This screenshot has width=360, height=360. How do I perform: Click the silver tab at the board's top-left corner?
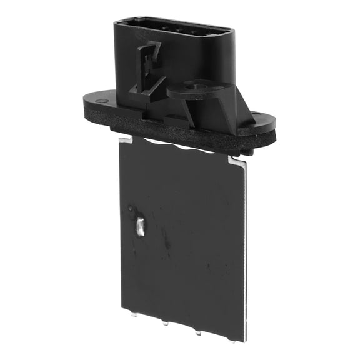click(x=125, y=138)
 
